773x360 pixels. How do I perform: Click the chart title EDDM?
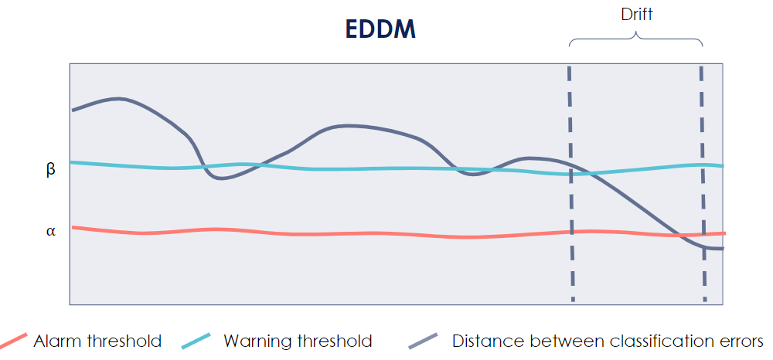coord(380,30)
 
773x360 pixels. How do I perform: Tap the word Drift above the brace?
coord(636,14)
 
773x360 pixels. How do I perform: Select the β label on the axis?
coord(51,170)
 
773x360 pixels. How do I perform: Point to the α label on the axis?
coord(51,231)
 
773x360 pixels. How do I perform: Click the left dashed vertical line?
coord(570,185)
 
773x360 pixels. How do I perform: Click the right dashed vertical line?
coord(703,185)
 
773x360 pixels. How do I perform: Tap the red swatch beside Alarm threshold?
coord(13,341)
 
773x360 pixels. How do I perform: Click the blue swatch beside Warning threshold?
coord(196,341)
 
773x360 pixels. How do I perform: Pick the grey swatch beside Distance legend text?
coord(423,341)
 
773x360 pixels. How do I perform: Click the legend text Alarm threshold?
coord(97,341)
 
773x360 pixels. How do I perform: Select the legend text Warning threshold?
coord(298,341)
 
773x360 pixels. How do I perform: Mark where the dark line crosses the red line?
coord(683,235)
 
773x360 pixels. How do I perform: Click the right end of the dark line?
coord(722,248)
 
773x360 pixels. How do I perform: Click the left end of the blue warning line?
coord(72,162)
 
